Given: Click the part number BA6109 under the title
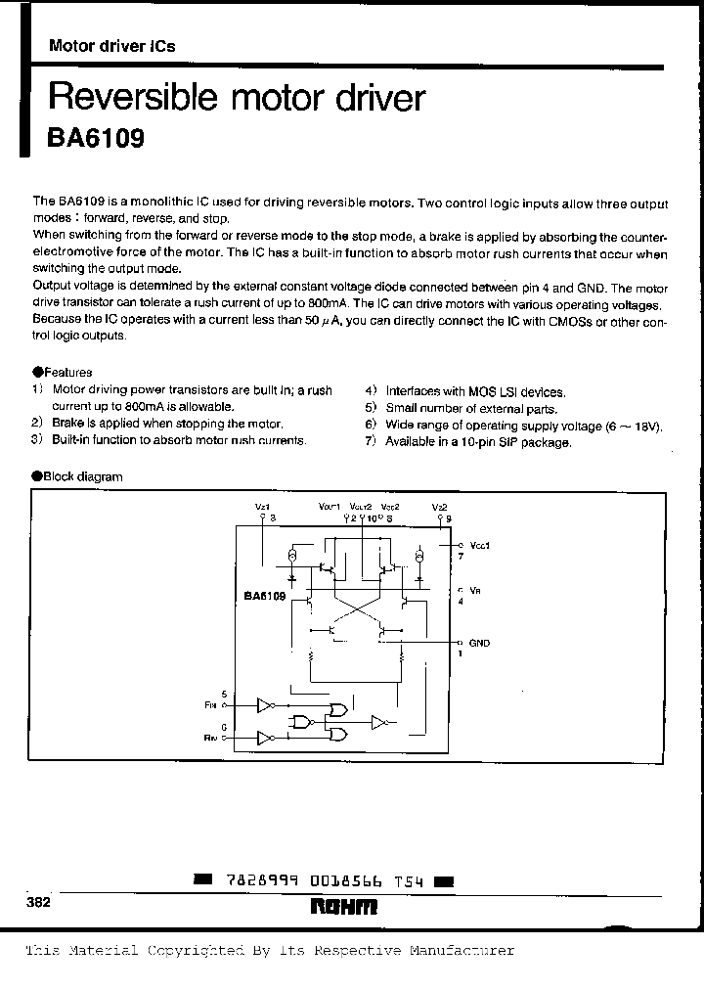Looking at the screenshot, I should click(x=96, y=139).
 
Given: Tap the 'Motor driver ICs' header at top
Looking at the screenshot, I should click(x=111, y=47).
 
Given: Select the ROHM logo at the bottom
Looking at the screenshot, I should click(x=343, y=908).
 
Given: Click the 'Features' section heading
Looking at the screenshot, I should click(x=67, y=372).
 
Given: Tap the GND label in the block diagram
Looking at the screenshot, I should click(x=479, y=643).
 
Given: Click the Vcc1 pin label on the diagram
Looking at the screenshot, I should click(x=479, y=545).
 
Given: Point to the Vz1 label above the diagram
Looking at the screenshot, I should click(x=262, y=507).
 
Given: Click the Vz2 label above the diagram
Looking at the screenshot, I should click(x=440, y=507).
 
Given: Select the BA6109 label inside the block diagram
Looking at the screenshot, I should click(x=264, y=595).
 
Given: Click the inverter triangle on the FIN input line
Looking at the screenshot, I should click(x=264, y=703).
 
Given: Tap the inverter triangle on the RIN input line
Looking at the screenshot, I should click(x=264, y=738).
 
